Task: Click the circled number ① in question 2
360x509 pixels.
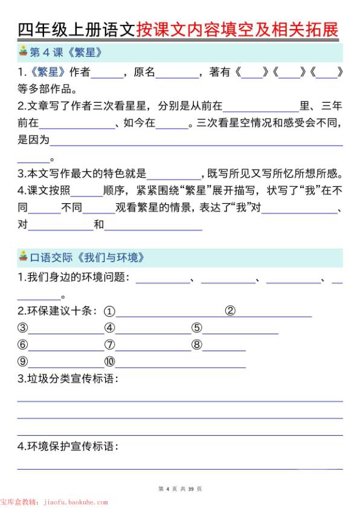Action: pyautogui.click(x=109, y=311)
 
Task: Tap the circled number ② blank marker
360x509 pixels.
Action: pyautogui.click(x=230, y=311)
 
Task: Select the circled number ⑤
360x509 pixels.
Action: pyautogui.click(x=196, y=328)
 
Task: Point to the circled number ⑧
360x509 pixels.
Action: pyautogui.click(x=196, y=345)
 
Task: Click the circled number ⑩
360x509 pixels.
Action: pyautogui.click(x=109, y=362)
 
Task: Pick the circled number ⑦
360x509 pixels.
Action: pyautogui.click(x=109, y=345)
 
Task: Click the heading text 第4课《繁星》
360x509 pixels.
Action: pyautogui.click(x=66, y=53)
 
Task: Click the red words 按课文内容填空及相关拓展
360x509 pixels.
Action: pyautogui.click(x=238, y=28)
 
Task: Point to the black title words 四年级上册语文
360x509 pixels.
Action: pyautogui.click(x=77, y=28)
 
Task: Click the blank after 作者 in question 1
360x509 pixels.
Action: pyautogui.click(x=106, y=74)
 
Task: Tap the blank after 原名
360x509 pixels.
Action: pyautogui.click(x=177, y=74)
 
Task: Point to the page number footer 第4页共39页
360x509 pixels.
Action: pyautogui.click(x=180, y=488)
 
